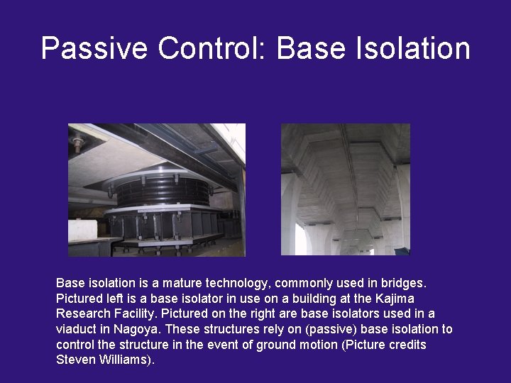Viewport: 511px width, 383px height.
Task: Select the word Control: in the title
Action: [x=212, y=48]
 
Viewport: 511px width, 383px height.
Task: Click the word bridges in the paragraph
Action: [x=402, y=283]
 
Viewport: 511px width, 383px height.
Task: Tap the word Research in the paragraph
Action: [x=82, y=313]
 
